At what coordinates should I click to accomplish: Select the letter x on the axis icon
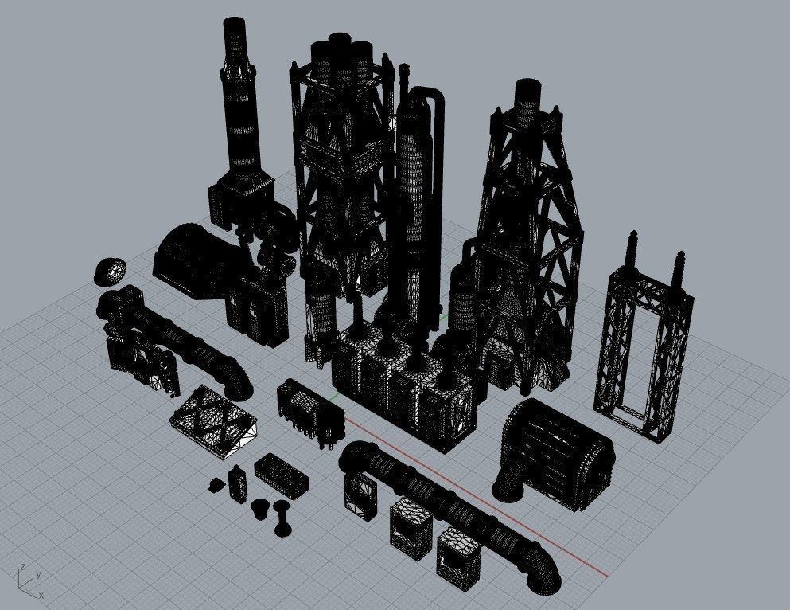coord(41,594)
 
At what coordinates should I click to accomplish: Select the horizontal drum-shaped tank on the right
coord(561,450)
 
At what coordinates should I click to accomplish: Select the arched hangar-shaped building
coord(195,259)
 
